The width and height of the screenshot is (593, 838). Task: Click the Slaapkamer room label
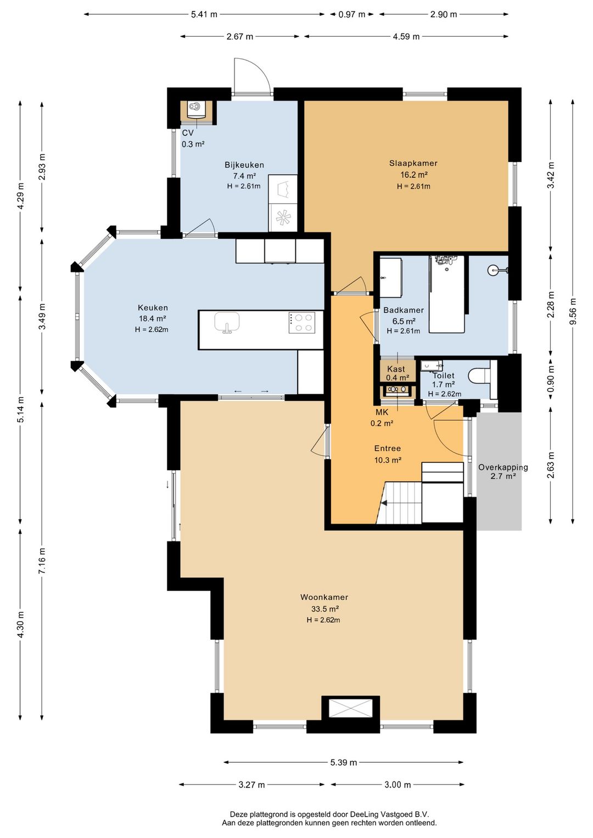tap(413, 163)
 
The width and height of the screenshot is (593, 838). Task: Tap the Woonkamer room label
tap(324, 597)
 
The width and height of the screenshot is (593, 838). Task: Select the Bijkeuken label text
tap(244, 165)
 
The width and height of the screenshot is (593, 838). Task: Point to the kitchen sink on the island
tap(227, 322)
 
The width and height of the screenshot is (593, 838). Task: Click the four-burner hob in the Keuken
tap(301, 323)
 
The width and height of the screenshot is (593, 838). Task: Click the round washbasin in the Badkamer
tap(494, 269)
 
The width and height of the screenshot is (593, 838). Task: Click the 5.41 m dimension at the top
tap(204, 15)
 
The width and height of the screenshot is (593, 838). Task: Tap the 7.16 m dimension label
tap(42, 561)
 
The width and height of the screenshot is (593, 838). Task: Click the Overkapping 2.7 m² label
tap(503, 471)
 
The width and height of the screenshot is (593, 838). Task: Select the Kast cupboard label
tap(396, 369)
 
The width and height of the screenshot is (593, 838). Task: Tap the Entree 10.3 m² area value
tap(388, 460)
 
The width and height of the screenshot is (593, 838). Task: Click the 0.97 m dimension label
tap(352, 15)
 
